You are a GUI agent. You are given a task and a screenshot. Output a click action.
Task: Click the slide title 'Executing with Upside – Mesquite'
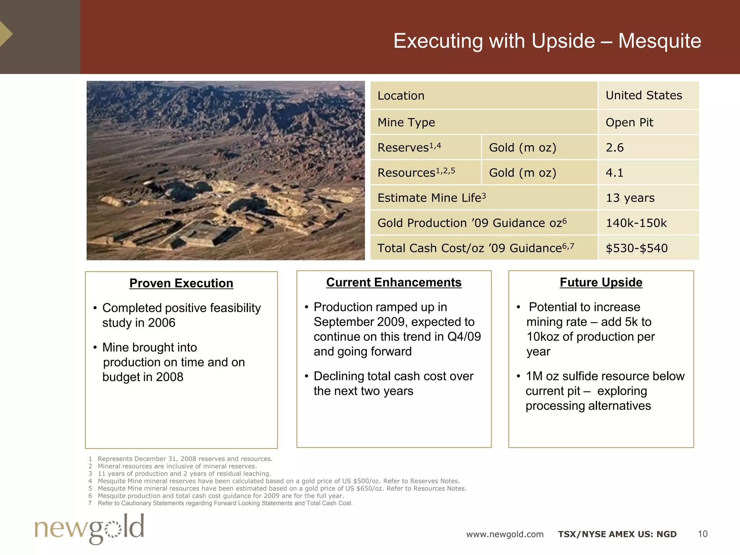[547, 41]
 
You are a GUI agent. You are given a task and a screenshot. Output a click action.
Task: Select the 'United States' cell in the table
[644, 95]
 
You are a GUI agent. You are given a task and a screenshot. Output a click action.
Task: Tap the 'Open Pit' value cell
[629, 122]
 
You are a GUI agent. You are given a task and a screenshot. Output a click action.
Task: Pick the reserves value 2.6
[615, 147]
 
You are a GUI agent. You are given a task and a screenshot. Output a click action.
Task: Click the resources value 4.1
[615, 173]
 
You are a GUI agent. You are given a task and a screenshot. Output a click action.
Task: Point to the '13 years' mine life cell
[630, 198]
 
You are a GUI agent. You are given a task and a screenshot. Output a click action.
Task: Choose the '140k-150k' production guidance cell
[636, 223]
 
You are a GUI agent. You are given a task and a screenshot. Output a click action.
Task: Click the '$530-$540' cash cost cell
[636, 248]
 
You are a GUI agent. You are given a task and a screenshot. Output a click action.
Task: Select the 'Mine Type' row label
[406, 122]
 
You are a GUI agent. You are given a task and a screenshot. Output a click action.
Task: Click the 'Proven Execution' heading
[181, 283]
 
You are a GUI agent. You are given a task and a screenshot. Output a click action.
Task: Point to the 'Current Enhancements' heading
[394, 282]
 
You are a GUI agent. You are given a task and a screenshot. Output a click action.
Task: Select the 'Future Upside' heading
[601, 282]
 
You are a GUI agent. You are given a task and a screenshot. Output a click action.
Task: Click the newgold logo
[89, 529]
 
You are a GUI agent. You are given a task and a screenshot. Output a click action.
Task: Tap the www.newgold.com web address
[505, 534]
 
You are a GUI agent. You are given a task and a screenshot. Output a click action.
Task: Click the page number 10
[702, 534]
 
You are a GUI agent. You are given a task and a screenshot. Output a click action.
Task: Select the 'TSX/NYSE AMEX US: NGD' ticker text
[617, 534]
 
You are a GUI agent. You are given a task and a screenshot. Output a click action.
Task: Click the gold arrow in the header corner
[6, 34]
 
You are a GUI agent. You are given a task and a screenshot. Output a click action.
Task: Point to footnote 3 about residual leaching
[184, 474]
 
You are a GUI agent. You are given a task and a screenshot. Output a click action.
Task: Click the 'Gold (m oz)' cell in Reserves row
[522, 147]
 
